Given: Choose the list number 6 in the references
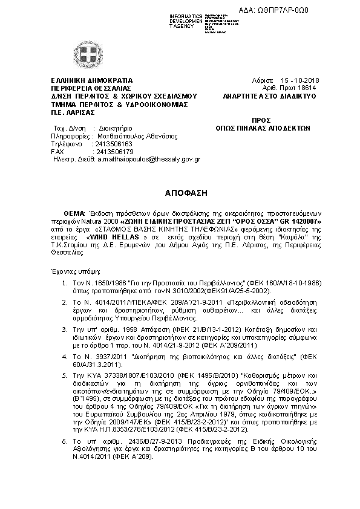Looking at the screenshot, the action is [65, 443].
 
